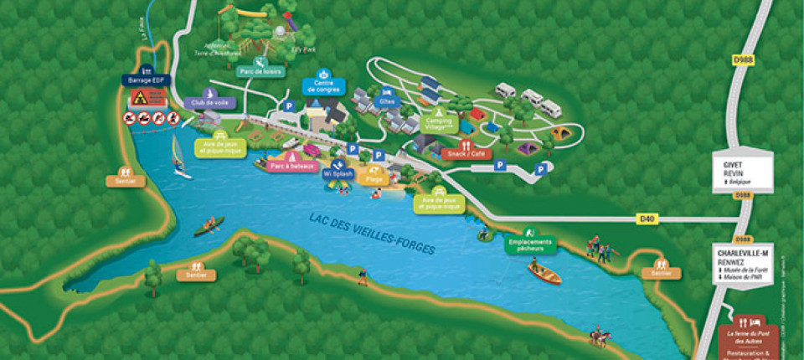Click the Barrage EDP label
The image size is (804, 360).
(x=147, y=80)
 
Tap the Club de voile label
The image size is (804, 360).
(x=209, y=102)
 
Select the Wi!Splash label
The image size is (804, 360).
(x=338, y=173)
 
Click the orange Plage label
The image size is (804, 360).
(x=374, y=178)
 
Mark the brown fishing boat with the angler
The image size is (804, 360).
(x=544, y=271)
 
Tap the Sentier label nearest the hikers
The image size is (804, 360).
(x=662, y=273)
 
